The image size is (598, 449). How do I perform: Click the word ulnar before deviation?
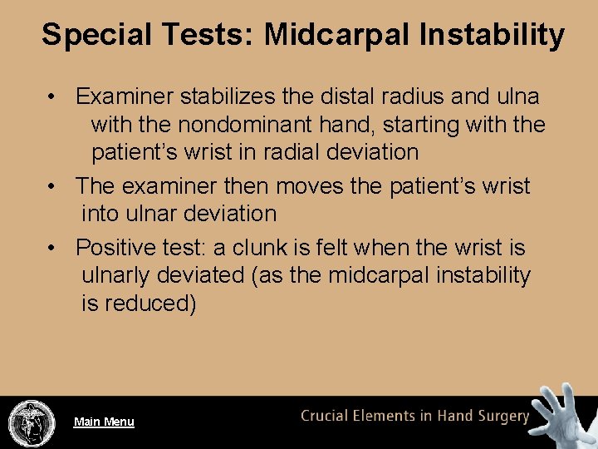pos(152,213)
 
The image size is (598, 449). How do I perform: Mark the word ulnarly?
pos(121,275)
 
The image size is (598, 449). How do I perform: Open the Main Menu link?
pos(104,422)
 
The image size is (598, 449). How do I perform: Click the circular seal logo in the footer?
pos(32,423)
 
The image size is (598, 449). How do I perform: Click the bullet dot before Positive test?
pos(52,248)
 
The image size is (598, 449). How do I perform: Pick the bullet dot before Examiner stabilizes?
pos(52,96)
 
